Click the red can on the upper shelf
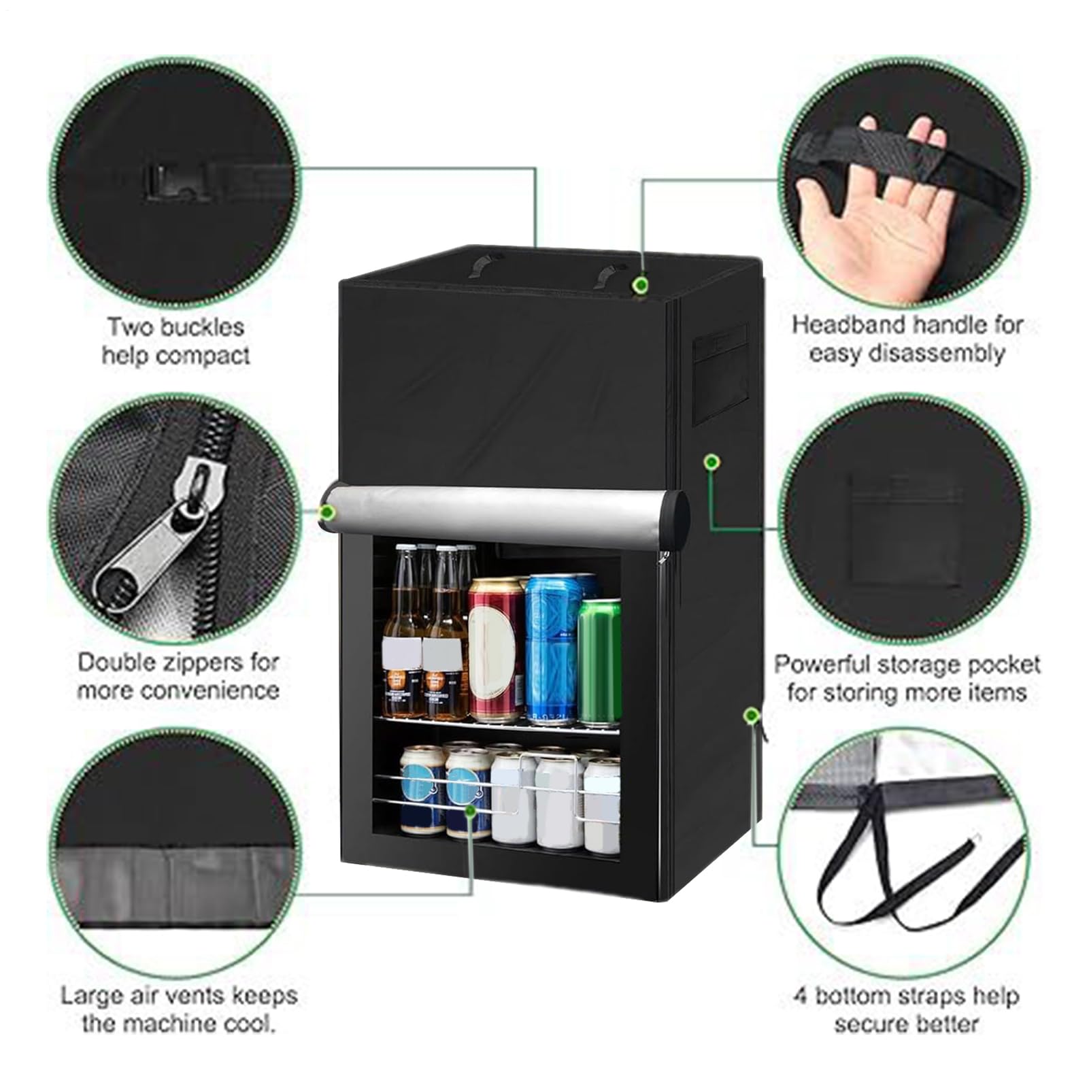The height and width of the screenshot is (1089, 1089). (x=496, y=650)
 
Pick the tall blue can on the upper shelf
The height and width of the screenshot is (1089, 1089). (x=552, y=649)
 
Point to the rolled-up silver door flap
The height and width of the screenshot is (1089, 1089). (x=507, y=507)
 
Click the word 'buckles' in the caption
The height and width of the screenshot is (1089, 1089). (x=208, y=327)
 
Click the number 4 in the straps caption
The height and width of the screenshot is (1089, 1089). (x=801, y=996)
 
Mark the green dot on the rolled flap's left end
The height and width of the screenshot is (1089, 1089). (x=327, y=511)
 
